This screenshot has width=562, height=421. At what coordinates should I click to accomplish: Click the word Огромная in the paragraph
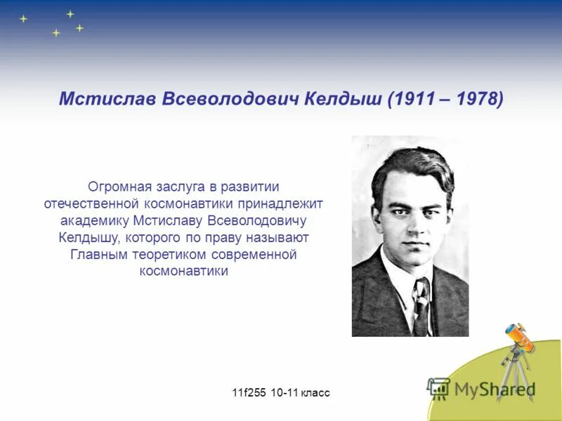(117, 187)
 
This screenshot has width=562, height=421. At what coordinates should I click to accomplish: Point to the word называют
(278, 237)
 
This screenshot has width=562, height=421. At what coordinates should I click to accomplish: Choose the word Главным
(98, 254)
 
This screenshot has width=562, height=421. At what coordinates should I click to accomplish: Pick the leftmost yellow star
(23, 19)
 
